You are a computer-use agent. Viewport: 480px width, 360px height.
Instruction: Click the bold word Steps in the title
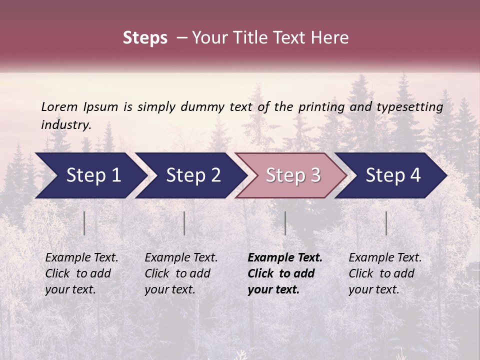145,38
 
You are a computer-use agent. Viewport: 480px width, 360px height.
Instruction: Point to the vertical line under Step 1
84,223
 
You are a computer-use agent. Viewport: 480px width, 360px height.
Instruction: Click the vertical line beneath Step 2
184,223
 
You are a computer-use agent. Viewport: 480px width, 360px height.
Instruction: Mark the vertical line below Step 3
285,223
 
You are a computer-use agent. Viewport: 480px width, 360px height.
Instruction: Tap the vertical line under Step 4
386,223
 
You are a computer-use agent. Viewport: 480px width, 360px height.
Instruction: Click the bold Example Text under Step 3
285,273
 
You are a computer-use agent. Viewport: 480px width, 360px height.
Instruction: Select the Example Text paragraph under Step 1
81,273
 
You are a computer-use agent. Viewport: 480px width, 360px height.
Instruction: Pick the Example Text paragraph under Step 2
181,273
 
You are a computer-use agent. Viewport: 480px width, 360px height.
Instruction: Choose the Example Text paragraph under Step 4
385,273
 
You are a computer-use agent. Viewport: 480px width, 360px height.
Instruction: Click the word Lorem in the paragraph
59,107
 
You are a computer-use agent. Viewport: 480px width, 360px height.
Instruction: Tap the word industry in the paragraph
66,125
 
